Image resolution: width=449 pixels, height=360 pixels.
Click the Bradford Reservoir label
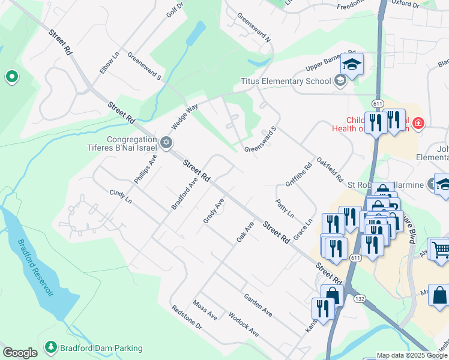pyautogui.click(x=35, y=268)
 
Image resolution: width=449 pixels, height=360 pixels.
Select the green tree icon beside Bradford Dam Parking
pyautogui.click(x=51, y=347)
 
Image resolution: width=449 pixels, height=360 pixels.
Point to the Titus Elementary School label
pyautogui.click(x=286, y=81)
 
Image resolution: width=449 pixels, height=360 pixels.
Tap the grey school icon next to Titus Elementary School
pyautogui.click(x=340, y=81)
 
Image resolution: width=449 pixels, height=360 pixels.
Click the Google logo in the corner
pyautogui.click(x=20, y=353)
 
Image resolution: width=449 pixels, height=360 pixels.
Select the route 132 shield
pyautogui.click(x=359, y=298)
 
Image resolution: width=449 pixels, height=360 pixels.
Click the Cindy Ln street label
pyautogui.click(x=120, y=196)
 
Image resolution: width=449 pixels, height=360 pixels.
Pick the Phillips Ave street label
pyautogui.click(x=145, y=169)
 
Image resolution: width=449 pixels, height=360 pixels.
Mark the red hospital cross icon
pyautogui.click(x=418, y=124)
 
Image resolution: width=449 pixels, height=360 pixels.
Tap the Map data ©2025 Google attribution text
pyautogui.click(x=412, y=355)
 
